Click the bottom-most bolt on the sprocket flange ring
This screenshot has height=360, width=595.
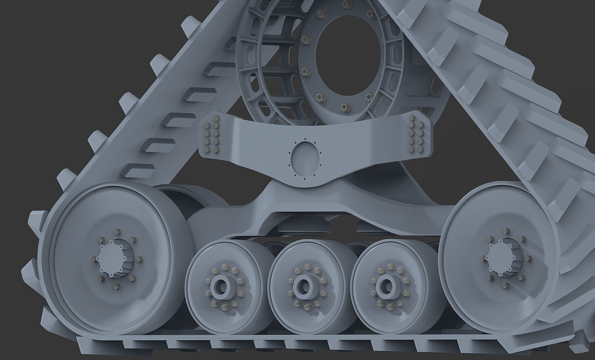[344, 107]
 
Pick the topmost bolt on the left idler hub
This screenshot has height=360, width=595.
[116, 232]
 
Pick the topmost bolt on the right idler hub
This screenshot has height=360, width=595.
[506, 231]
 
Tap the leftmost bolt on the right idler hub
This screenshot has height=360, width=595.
[483, 258]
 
